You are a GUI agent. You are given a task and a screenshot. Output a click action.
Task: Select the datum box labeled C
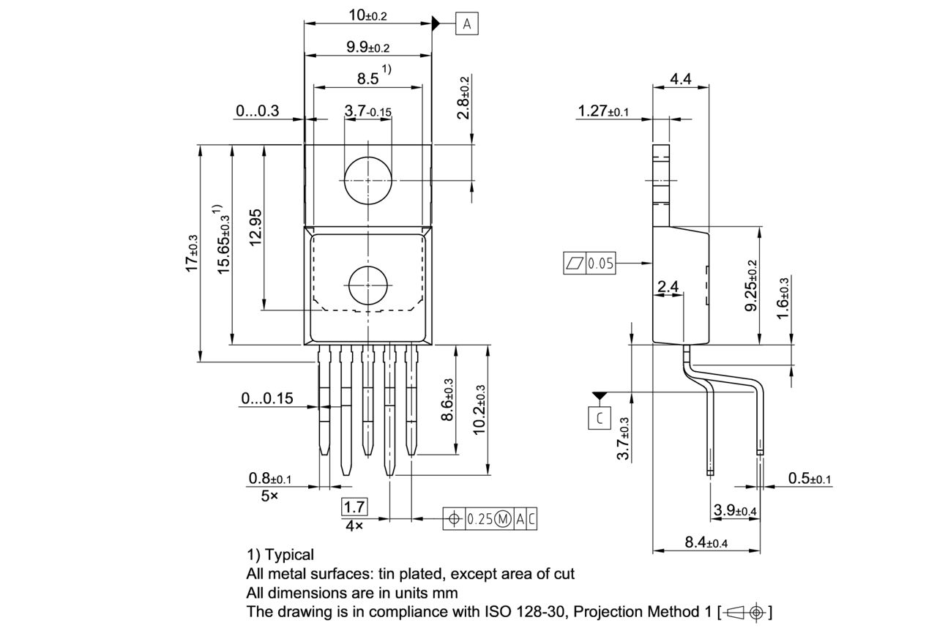click(600, 418)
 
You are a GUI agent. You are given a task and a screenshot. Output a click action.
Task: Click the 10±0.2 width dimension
click(367, 15)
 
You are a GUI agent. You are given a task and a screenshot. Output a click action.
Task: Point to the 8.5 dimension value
click(368, 78)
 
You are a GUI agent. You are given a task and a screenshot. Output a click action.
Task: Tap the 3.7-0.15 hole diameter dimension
click(367, 111)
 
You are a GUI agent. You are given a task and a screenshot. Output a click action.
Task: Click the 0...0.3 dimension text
click(257, 111)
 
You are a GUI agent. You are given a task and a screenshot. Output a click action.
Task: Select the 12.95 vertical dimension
click(255, 228)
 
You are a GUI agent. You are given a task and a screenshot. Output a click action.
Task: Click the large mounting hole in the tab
click(367, 180)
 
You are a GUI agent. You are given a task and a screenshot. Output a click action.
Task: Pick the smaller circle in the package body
click(367, 285)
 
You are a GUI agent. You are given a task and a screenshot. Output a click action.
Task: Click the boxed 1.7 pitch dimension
click(355, 507)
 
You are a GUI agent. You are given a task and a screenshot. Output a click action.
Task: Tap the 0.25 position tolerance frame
click(490, 519)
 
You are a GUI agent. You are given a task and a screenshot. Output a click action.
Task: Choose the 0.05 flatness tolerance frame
click(590, 264)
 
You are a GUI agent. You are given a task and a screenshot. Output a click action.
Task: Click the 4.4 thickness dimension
click(680, 78)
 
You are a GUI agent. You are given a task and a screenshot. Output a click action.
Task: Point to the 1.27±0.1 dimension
click(603, 111)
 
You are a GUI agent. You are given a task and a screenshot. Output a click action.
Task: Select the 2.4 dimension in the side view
click(668, 287)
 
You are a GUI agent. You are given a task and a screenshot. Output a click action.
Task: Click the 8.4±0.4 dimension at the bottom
click(705, 542)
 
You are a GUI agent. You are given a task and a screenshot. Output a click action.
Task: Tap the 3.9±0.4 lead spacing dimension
click(733, 510)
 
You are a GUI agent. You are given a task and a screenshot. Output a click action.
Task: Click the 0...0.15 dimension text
click(266, 398)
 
